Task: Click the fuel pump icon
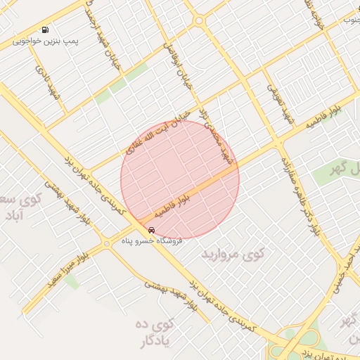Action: pyautogui.click(x=45, y=30)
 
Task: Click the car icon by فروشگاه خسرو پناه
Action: pyautogui.click(x=151, y=229)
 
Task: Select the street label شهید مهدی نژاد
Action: pyautogui.click(x=217, y=136)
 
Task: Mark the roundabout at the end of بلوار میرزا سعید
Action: pyautogui.click(x=106, y=242)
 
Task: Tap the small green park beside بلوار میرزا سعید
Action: pyautogui.click(x=72, y=282)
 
